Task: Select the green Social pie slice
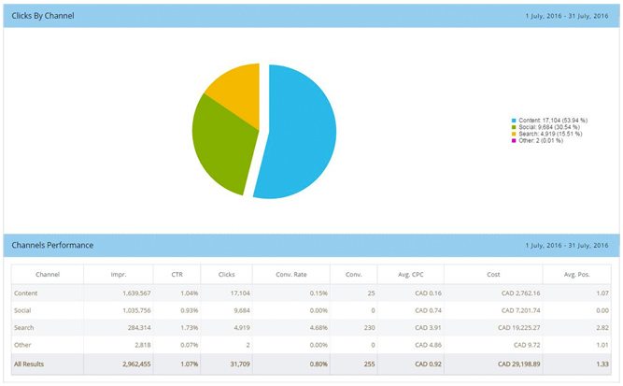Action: point(219,140)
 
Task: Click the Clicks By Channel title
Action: point(43,17)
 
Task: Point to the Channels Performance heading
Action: point(52,245)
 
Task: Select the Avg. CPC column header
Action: point(410,275)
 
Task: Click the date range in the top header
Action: point(566,17)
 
